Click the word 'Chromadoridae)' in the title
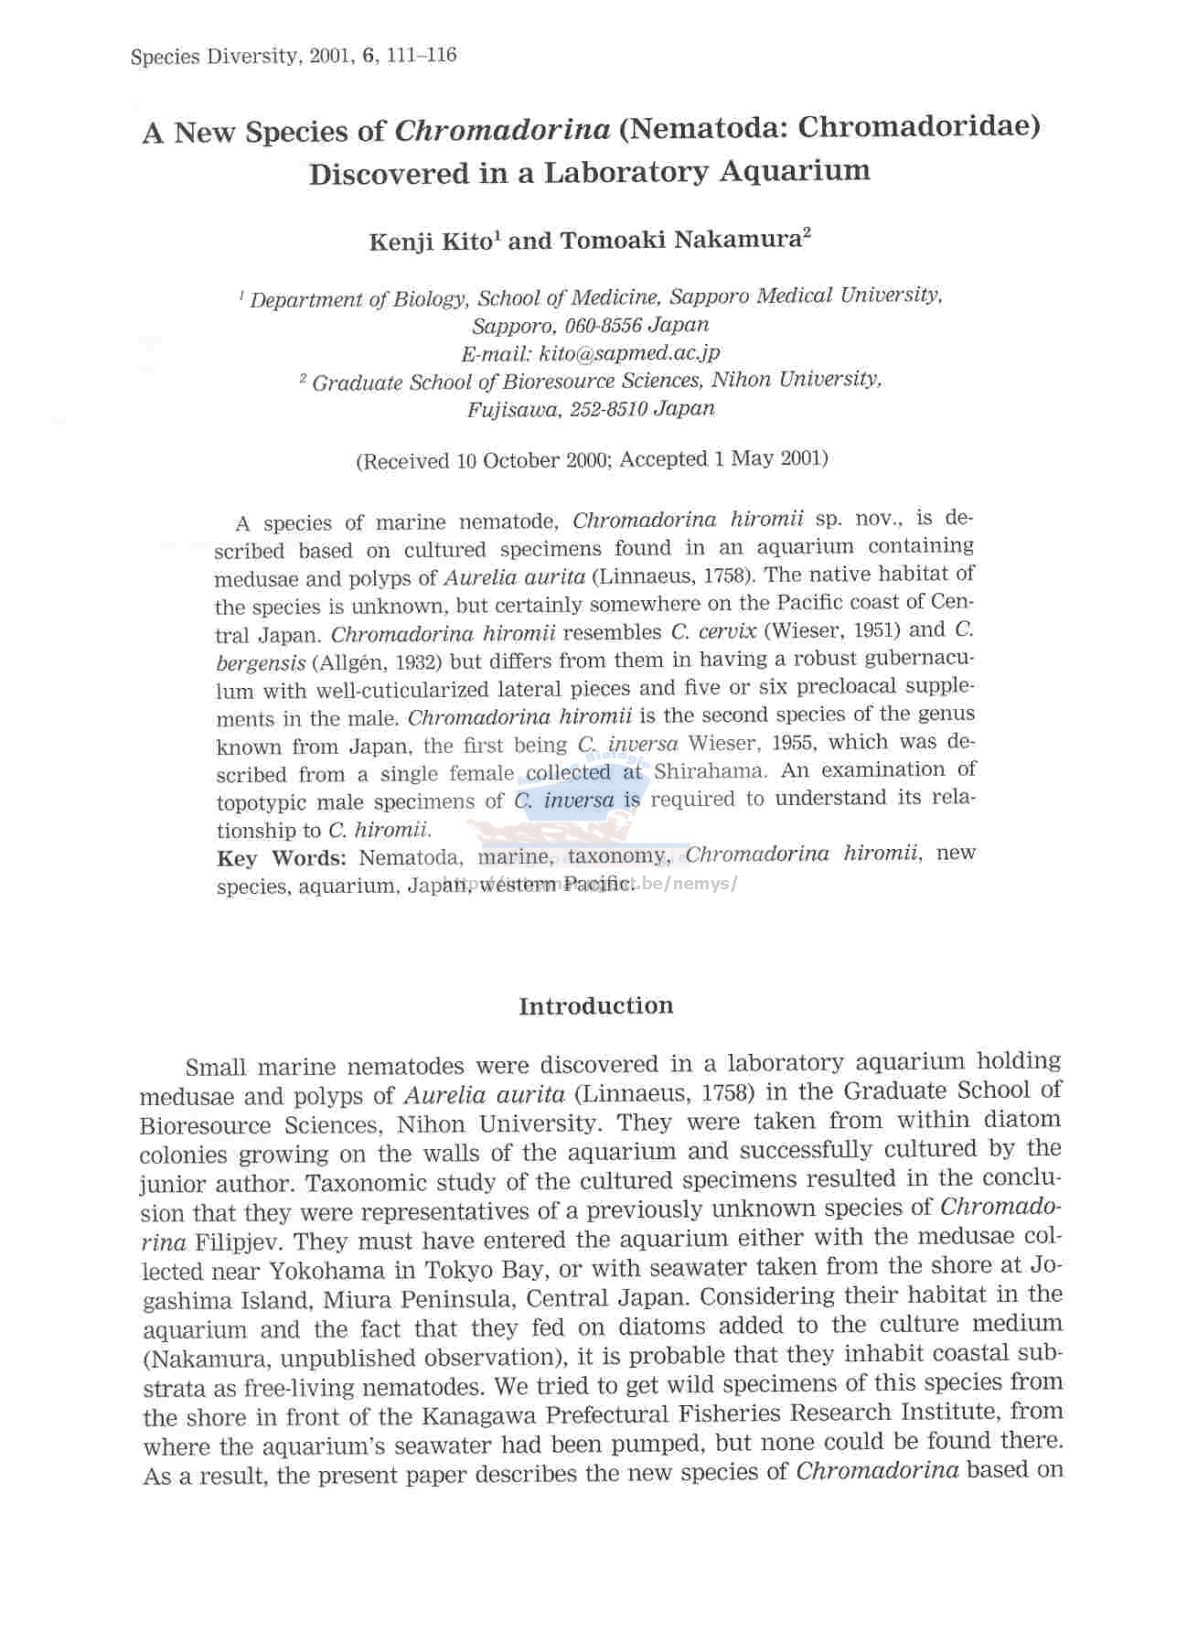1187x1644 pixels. [918, 126]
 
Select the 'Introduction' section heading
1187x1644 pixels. [595, 1006]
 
